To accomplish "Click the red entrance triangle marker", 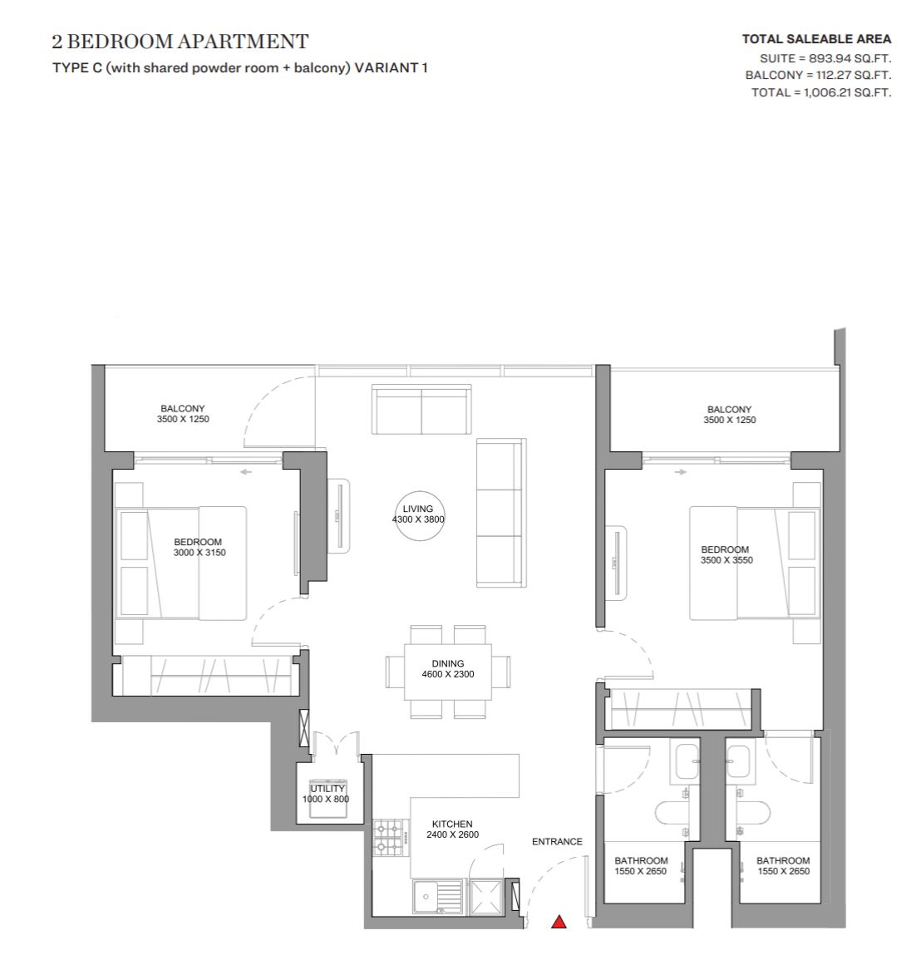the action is pyautogui.click(x=559, y=922).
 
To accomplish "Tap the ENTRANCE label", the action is pyautogui.click(x=557, y=842).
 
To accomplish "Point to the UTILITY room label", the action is pyautogui.click(x=327, y=789).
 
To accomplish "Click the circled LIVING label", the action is pyautogui.click(x=418, y=514).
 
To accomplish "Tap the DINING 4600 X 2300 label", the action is pyautogui.click(x=448, y=668).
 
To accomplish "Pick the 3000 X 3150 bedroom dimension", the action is pyautogui.click(x=199, y=552).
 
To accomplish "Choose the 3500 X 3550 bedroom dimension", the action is pyautogui.click(x=726, y=560).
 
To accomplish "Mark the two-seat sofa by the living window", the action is pyautogui.click(x=421, y=410).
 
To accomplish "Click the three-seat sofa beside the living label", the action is pyautogui.click(x=501, y=513).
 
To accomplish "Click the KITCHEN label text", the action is pyautogui.click(x=452, y=824).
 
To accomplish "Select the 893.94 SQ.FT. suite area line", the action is pyautogui.click(x=825, y=59).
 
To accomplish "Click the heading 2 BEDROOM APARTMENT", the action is pyautogui.click(x=180, y=42).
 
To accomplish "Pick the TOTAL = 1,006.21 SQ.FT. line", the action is pyautogui.click(x=821, y=92).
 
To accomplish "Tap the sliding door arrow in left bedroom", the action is pyautogui.click(x=245, y=472).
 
